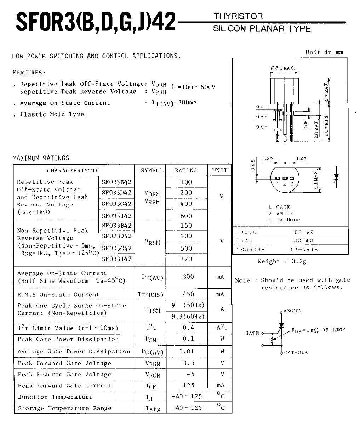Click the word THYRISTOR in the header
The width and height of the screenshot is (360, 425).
click(238, 16)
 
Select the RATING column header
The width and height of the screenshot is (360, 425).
click(186, 170)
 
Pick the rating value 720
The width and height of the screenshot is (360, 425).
click(186, 259)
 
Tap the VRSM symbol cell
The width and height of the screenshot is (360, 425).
click(153, 243)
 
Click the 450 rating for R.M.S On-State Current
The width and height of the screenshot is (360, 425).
click(188, 294)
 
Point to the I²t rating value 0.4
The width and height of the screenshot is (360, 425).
click(188, 328)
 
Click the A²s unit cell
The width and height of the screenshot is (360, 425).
click(222, 328)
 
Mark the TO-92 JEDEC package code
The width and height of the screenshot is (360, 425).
click(302, 232)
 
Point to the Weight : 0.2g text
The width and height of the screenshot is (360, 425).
click(282, 261)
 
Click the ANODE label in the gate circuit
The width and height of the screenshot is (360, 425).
click(292, 311)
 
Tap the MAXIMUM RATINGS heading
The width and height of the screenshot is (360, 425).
click(41, 158)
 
